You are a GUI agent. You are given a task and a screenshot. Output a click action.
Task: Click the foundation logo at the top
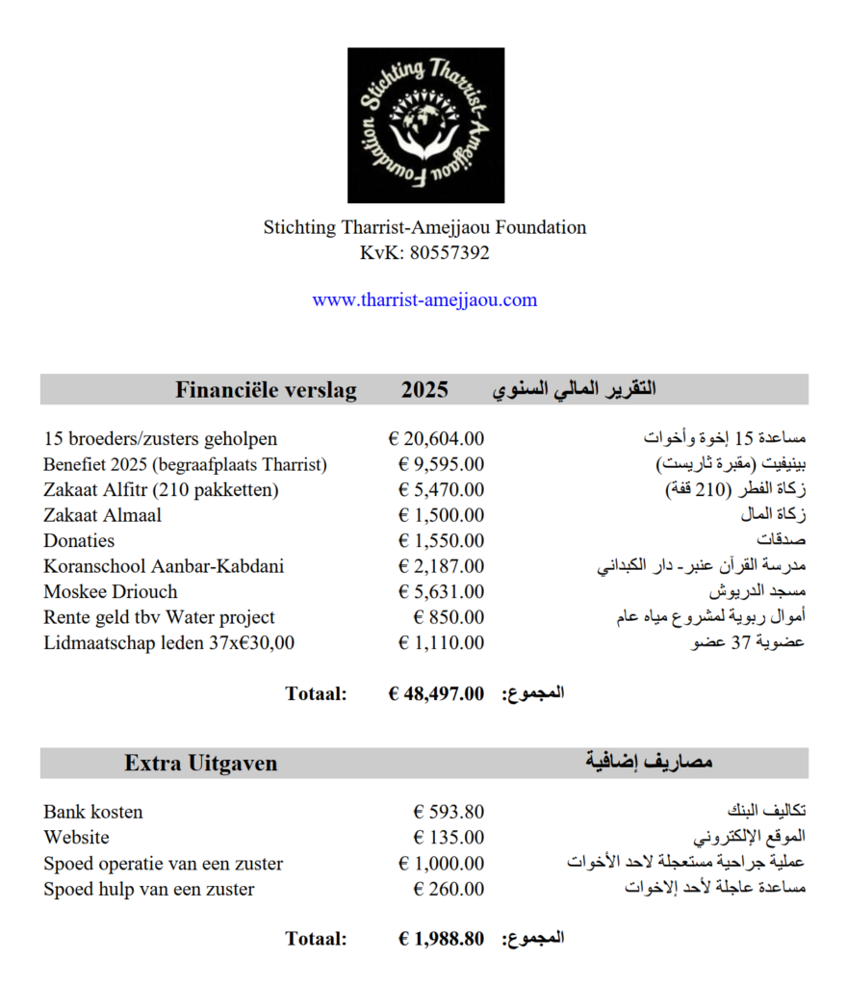point(425,125)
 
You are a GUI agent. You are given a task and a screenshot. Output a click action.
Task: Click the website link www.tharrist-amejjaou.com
point(424,299)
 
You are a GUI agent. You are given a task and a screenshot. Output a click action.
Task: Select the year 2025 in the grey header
point(424,390)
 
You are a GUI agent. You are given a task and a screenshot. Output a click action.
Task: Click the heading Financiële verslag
point(266,390)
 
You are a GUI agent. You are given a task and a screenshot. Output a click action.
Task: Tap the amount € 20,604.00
point(436,439)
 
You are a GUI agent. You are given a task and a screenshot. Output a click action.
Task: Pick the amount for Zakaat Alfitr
point(441,490)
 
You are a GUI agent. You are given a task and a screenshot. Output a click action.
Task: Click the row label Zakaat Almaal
point(102,515)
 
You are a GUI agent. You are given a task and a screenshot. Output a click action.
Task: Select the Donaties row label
point(79,541)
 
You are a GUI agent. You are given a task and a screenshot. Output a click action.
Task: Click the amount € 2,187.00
point(441,566)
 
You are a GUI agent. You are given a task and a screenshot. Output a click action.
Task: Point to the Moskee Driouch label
point(111,592)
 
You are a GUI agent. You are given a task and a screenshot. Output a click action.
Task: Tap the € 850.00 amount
point(449,617)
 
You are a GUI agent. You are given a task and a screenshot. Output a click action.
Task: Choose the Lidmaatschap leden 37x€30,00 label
point(169,643)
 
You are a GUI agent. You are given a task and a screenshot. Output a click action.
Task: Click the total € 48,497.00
point(436,693)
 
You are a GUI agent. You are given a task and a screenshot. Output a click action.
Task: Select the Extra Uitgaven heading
point(200,764)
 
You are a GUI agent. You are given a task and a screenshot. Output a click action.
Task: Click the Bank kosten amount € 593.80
point(449,812)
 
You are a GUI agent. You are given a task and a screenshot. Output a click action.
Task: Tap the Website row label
point(77,838)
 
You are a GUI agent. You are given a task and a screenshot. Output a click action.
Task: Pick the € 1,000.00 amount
point(441,864)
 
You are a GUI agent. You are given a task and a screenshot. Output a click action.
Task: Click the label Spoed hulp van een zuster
point(149,890)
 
